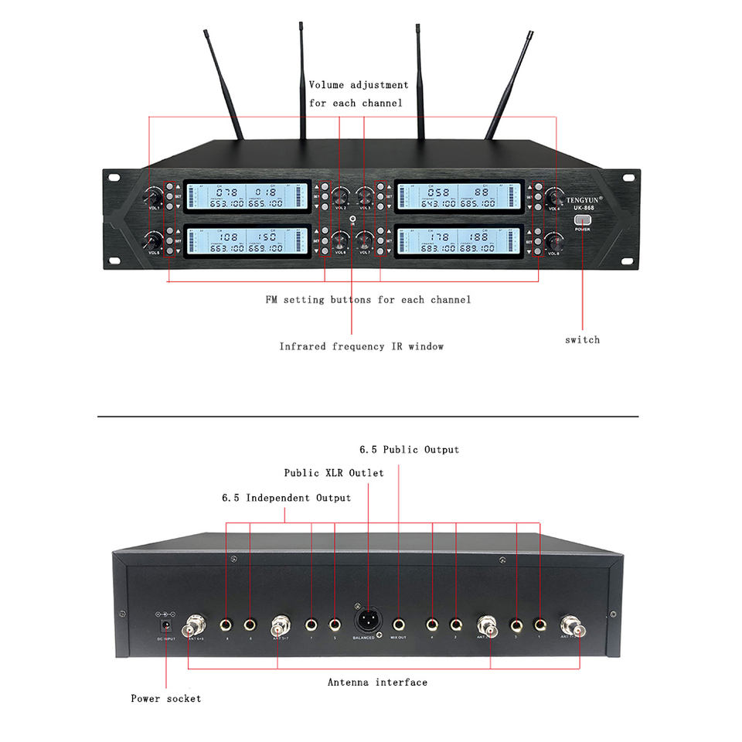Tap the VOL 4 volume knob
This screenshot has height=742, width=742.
click(553, 196)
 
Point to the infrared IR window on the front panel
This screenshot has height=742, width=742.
click(352, 219)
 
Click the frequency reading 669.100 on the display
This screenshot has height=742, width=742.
click(270, 248)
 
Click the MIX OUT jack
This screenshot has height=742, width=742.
click(399, 623)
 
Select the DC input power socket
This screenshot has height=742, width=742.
click(165, 623)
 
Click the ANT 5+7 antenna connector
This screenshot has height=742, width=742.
click(280, 623)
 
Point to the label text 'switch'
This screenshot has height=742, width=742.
click(582, 339)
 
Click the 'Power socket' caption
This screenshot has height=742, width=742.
click(165, 698)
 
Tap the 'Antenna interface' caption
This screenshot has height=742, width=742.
click(377, 682)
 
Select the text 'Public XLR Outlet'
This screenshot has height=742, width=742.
click(333, 472)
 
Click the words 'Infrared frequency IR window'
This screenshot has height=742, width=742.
click(361, 346)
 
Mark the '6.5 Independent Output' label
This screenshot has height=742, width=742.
click(286, 498)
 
